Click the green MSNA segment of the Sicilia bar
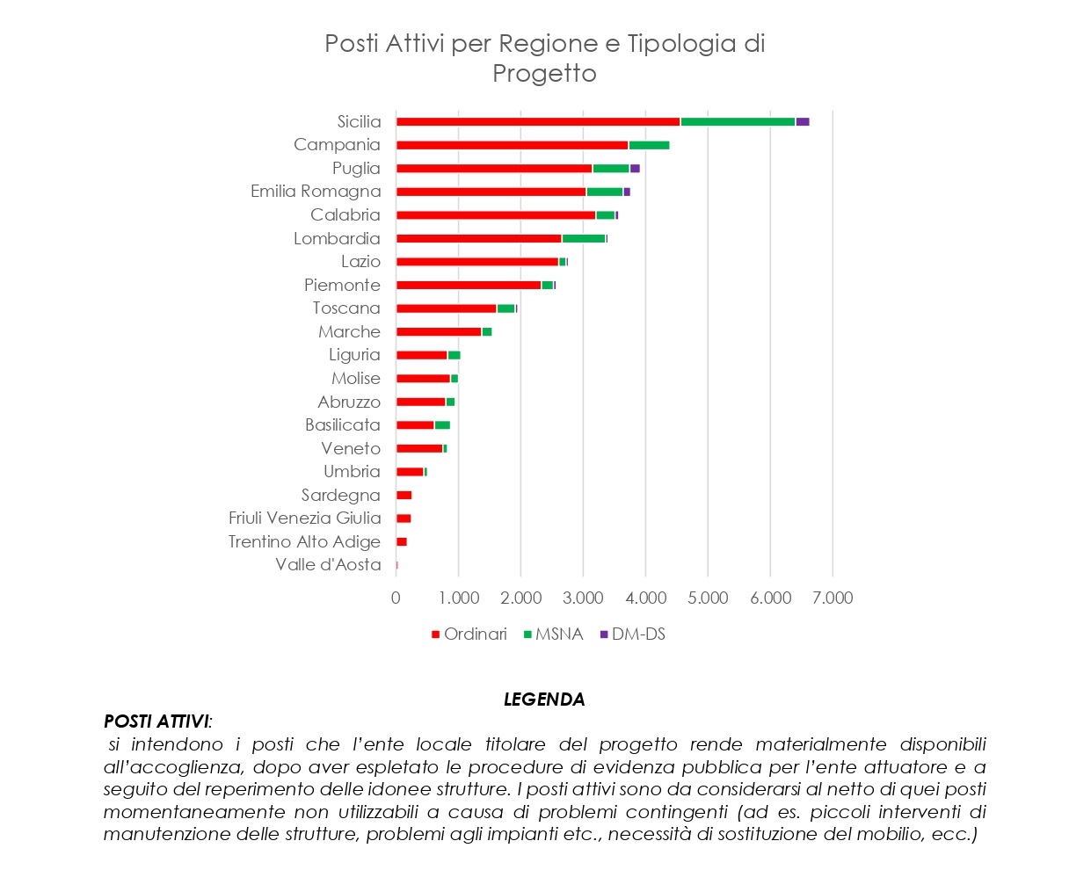[738, 122]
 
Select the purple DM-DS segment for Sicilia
[802, 122]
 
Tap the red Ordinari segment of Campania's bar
[512, 145]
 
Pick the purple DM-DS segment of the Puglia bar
[635, 169]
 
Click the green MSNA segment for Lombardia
[583, 238]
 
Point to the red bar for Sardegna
[404, 496]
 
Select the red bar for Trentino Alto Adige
[401, 542]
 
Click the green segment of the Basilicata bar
[442, 425]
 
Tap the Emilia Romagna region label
[316, 192]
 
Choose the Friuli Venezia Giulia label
[304, 518]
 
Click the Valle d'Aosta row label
[328, 565]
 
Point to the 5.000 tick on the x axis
[708, 598]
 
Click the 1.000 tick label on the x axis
[459, 598]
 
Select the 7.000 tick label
[833, 598]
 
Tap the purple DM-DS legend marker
[604, 634]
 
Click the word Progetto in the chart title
[544, 73]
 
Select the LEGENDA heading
[544, 700]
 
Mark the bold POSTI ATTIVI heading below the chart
[156, 721]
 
